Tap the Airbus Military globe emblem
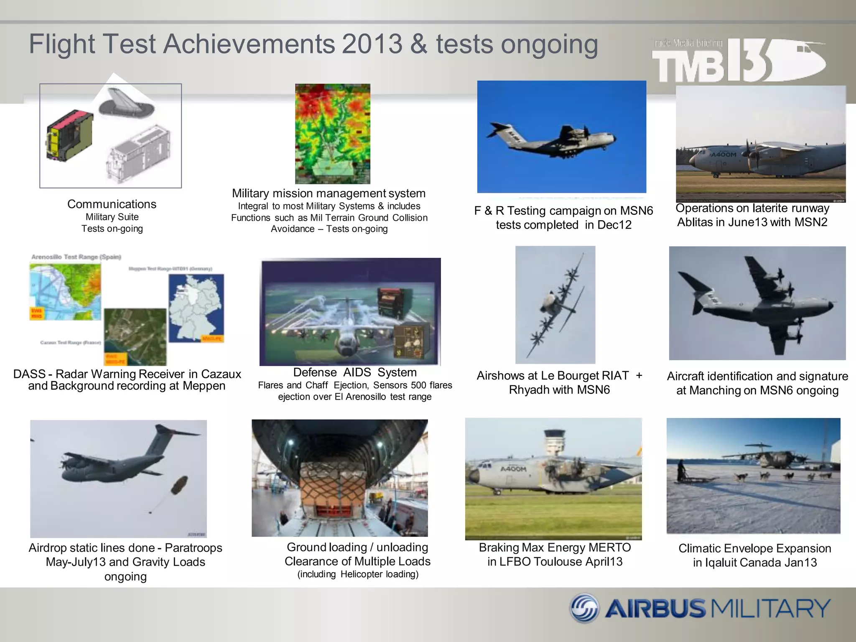(585, 609)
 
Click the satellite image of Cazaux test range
(135, 336)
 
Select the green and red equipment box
(69, 136)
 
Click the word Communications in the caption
(112, 204)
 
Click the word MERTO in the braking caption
(611, 548)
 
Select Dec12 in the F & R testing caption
(614, 225)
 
